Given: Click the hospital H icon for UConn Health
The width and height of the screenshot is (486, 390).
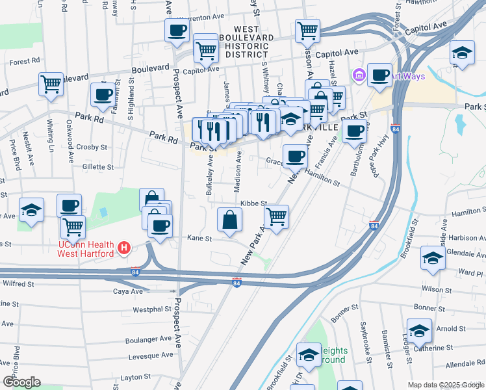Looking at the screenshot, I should point(124,248).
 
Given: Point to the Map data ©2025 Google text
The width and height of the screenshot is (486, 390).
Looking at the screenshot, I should point(445,385).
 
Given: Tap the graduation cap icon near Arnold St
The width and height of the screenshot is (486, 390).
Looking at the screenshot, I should point(419,331).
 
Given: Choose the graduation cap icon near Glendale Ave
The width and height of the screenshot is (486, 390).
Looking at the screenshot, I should point(433,258).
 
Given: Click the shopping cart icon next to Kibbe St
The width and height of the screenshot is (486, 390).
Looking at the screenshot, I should point(277,216).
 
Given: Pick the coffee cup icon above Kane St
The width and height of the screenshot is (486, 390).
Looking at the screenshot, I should point(160,226).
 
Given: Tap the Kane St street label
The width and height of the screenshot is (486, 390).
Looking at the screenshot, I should point(199,239).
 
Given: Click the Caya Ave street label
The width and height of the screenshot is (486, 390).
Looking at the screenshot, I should point(127,292).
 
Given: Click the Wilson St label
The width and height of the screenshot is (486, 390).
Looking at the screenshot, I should point(435,289).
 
